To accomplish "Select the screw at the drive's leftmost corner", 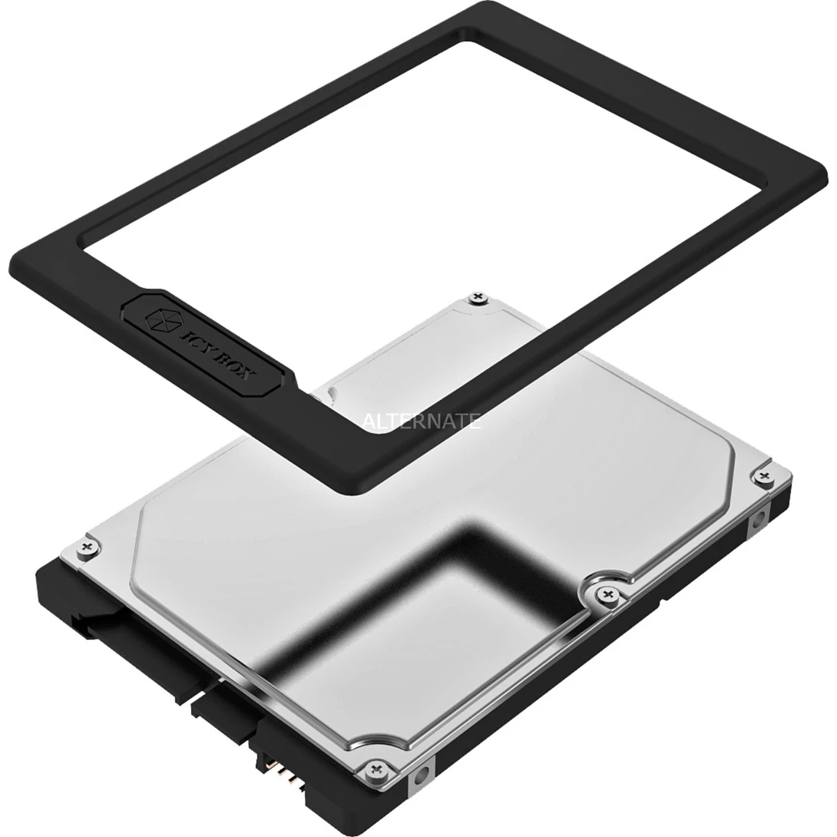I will (x=86, y=546).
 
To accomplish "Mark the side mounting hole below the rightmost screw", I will (x=757, y=519).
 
